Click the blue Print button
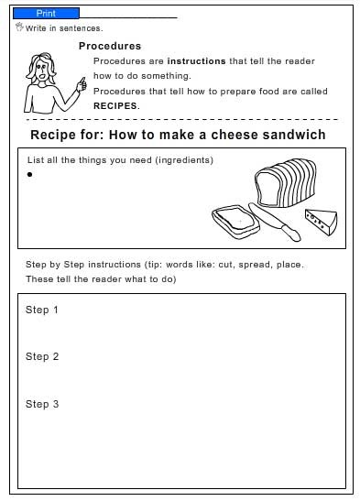tap(46, 14)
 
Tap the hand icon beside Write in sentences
tap(19, 27)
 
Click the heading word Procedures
tap(110, 46)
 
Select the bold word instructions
tap(196, 61)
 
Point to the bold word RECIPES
tap(115, 105)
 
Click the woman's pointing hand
tap(82, 84)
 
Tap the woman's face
tap(41, 71)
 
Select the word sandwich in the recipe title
tap(294, 135)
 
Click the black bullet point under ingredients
tap(29, 174)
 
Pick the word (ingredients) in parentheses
tap(184, 159)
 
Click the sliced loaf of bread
tap(286, 183)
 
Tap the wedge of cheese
tap(321, 222)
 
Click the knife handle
tap(290, 233)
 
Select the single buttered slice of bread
tap(235, 222)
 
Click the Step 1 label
tap(42, 310)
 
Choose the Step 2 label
tap(42, 356)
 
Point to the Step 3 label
tap(42, 404)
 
